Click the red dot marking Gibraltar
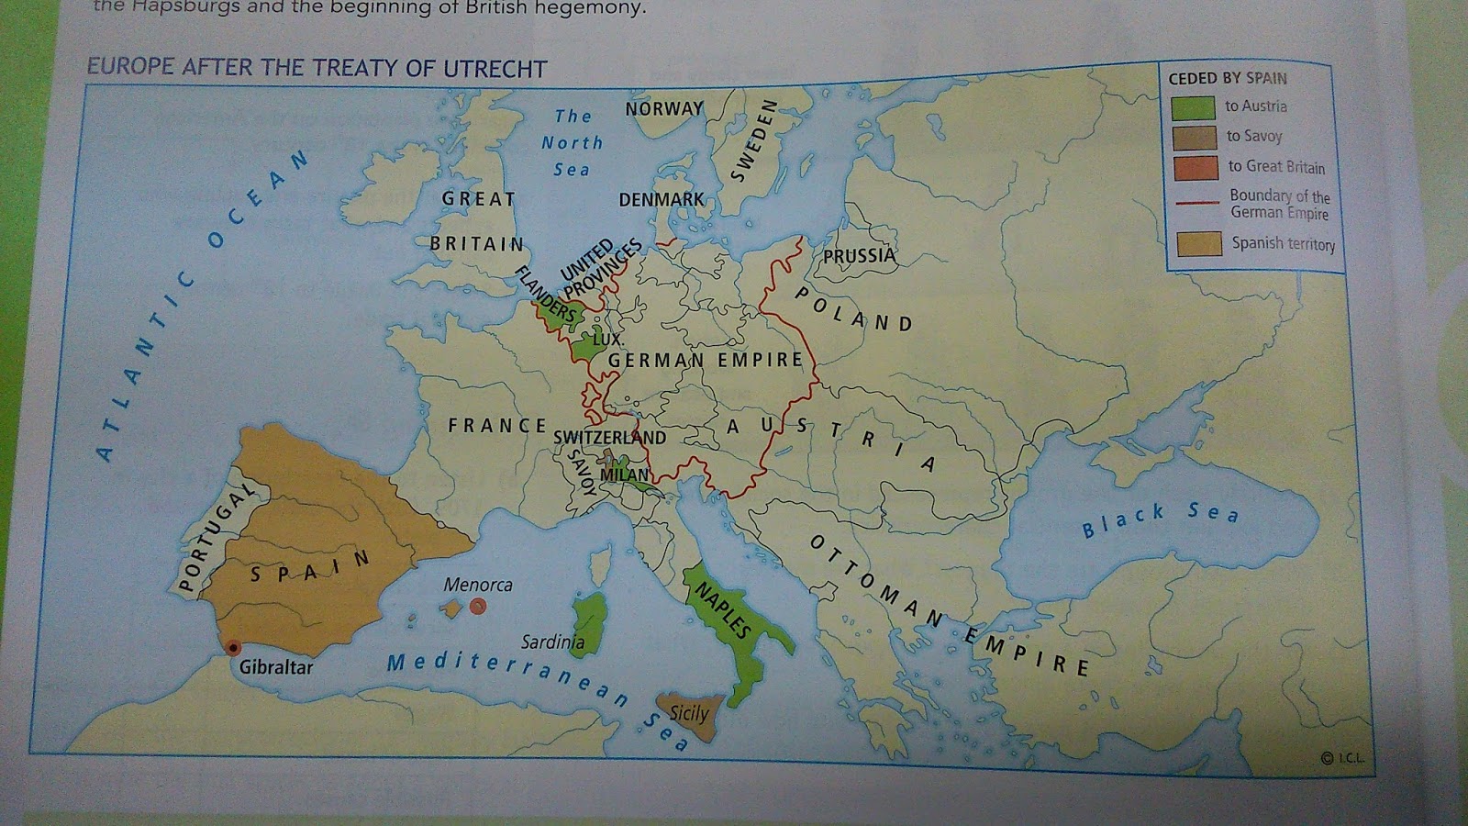[233, 647]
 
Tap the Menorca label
[478, 585]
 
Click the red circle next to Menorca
[478, 606]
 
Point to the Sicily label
[689, 713]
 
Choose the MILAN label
[625, 474]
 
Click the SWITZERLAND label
[609, 438]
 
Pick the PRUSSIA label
[859, 256]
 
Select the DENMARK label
[662, 199]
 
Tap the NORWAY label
[663, 109]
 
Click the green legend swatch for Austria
[1192, 107]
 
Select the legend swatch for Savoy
[1194, 138]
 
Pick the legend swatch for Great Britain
[1195, 168]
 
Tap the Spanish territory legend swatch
[1199, 243]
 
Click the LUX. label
[608, 339]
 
